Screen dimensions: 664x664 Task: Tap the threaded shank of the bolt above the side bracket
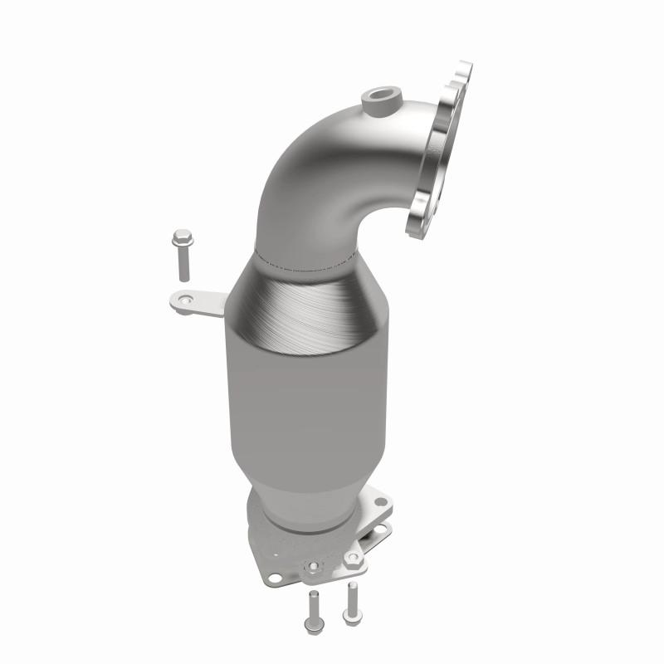(183, 264)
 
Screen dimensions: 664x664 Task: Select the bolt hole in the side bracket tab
(185, 300)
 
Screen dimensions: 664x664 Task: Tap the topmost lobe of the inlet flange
(464, 70)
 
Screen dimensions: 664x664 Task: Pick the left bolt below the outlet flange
(314, 614)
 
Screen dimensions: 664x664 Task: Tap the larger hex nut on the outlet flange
(354, 559)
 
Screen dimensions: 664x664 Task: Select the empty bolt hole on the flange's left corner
(275, 578)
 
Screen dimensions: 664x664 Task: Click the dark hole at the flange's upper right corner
(381, 501)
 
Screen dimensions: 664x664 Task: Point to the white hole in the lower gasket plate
(381, 528)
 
